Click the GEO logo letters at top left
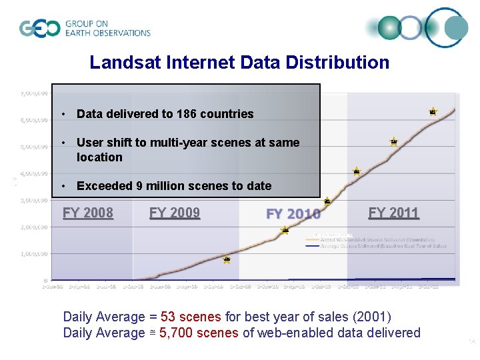coord(40,28)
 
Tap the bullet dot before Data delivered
coord(62,114)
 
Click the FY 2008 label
coord(88,213)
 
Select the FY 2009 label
coord(175,213)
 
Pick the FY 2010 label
coord(293,214)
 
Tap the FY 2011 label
coord(393,213)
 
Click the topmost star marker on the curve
coord(433,111)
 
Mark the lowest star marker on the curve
coord(227,259)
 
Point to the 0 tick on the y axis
coord(45,281)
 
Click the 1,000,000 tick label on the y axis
coord(33,254)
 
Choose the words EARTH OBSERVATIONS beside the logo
coord(108,33)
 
